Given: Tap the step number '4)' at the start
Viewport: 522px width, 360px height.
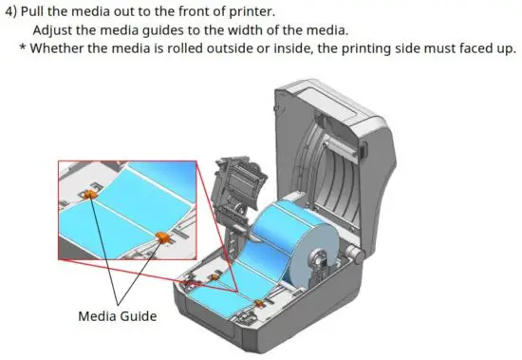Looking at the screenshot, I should coord(13,11).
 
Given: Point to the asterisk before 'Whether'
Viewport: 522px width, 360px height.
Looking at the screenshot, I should coord(23,48).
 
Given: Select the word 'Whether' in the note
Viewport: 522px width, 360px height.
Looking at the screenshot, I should coord(60,48).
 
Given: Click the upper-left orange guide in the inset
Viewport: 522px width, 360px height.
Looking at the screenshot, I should coord(88,194).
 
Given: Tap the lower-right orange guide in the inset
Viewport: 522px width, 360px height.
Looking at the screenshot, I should coord(161,236).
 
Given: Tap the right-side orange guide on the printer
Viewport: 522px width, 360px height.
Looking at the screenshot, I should coord(259,301).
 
